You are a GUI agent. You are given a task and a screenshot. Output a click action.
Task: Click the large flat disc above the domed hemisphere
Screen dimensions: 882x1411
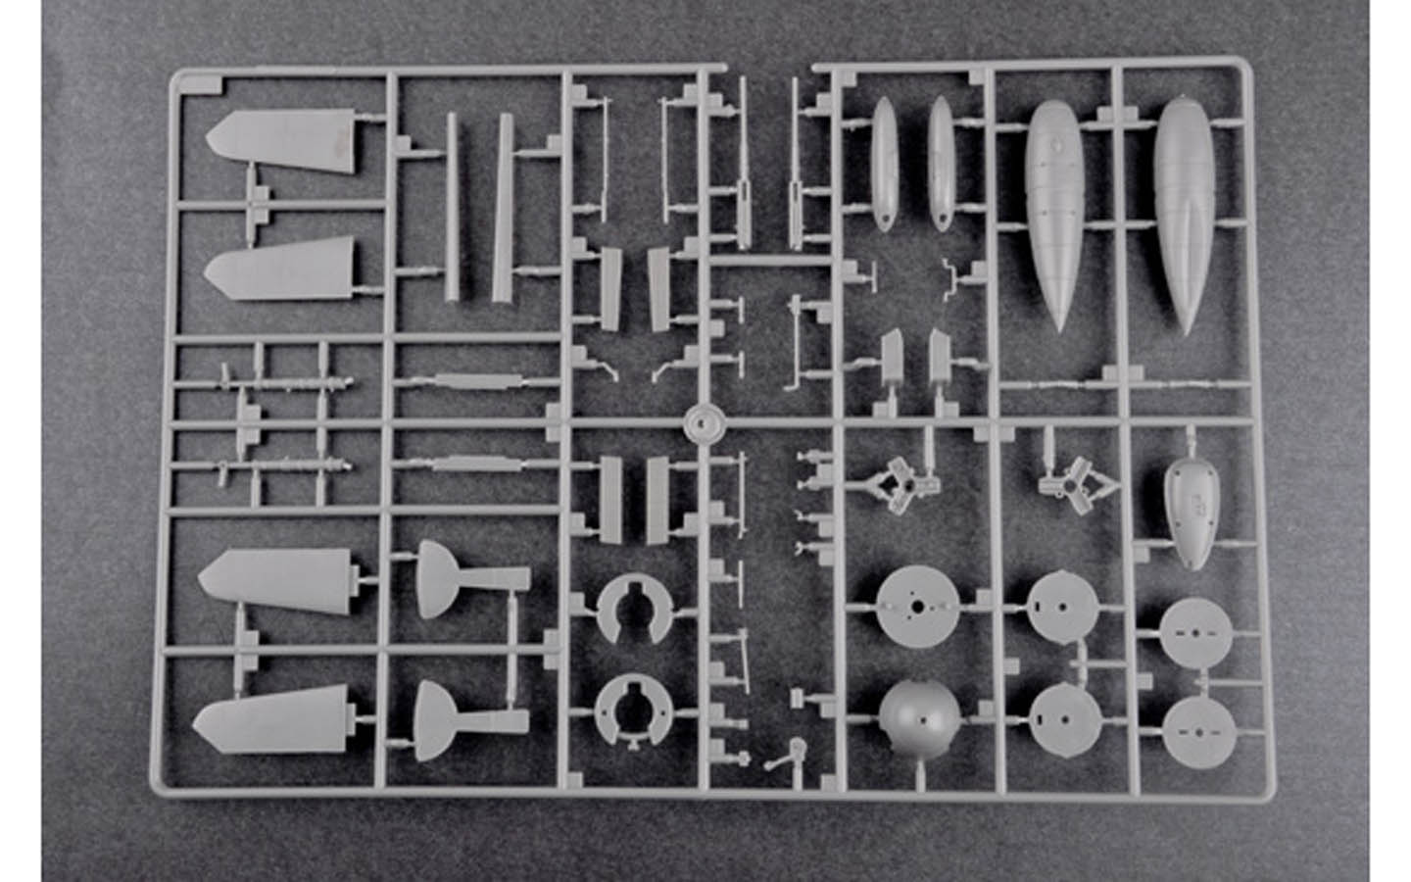click(x=914, y=607)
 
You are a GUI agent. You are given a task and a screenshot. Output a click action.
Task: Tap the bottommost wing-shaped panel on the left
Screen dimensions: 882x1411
click(x=274, y=721)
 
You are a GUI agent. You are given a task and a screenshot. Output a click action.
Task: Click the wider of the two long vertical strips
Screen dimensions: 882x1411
click(x=504, y=206)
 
